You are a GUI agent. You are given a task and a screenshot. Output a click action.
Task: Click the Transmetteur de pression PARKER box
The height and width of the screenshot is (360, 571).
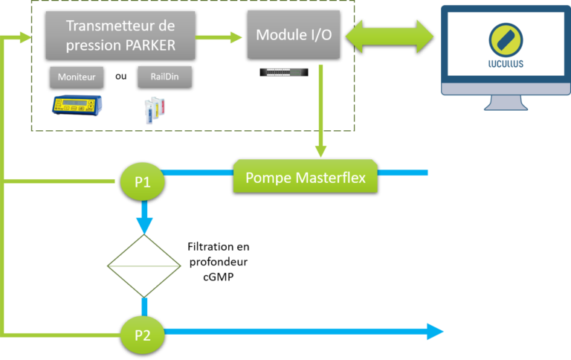pos(120,35)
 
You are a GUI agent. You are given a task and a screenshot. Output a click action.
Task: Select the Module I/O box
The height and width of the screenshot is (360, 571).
pos(293,34)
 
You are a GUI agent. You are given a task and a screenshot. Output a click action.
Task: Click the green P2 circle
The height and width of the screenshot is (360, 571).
pos(142,335)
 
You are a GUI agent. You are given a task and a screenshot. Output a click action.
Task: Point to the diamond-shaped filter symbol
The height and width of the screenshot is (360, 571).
pos(144,265)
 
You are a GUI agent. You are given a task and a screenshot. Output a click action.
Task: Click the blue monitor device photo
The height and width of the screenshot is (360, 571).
pos(78,106)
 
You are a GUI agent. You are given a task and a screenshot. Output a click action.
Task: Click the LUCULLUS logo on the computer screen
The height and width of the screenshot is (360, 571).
pos(506,44)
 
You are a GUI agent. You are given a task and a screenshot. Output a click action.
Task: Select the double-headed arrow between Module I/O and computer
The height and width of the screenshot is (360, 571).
pos(390,36)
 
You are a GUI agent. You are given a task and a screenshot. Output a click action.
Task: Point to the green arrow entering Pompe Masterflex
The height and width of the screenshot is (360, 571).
pos(320,112)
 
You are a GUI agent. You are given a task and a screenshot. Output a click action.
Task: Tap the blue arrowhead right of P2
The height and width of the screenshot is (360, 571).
pos(435,332)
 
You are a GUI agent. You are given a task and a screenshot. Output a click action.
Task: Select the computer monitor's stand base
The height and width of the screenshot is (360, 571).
pos(506,106)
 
